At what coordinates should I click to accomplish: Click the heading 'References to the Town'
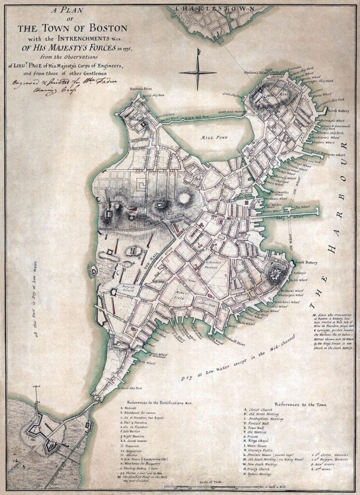tap(300, 404)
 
